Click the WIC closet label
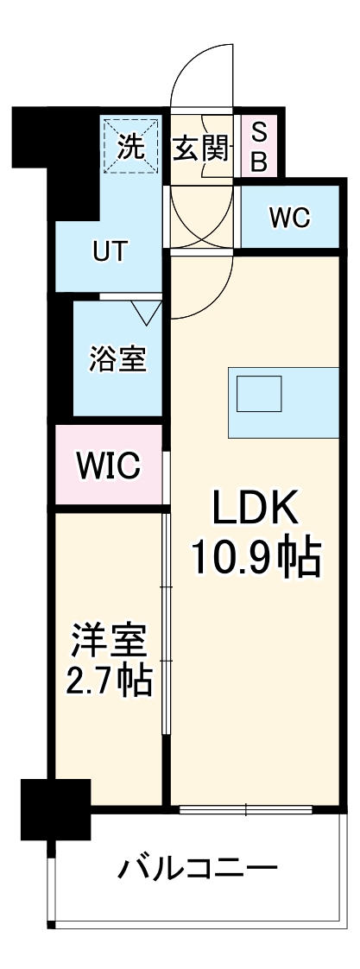pyautogui.click(x=108, y=465)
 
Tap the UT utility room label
pyautogui.click(x=111, y=252)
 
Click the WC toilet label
pyautogui.click(x=289, y=218)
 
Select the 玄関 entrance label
pyautogui.click(x=202, y=149)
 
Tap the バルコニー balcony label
pyautogui.click(x=198, y=867)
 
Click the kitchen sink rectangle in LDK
pyautogui.click(x=260, y=395)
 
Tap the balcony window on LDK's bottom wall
pyautogui.click(x=246, y=810)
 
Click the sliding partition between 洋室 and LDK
pyautogui.click(x=165, y=622)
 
